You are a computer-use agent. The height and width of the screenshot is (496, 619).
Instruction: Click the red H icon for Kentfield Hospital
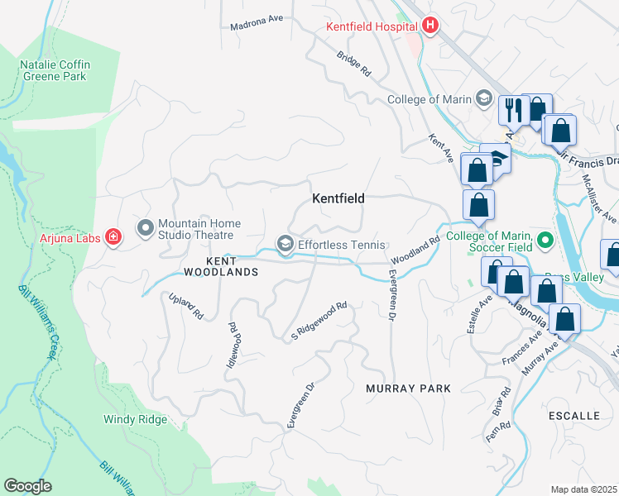(x=429, y=26)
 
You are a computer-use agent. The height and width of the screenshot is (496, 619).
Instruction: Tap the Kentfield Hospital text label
(x=372, y=26)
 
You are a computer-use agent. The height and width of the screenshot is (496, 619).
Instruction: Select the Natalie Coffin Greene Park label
(x=55, y=71)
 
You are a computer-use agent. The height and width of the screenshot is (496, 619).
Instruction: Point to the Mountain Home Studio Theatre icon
(x=146, y=227)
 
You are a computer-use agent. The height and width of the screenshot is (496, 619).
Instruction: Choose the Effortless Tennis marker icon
(x=286, y=245)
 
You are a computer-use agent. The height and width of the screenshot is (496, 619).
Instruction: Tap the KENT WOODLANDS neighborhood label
(x=216, y=265)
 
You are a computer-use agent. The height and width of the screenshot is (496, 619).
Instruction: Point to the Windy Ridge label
(x=135, y=419)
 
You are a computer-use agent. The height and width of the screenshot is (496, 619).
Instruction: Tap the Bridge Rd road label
(x=353, y=64)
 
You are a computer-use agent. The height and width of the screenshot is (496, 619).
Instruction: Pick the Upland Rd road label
(x=186, y=306)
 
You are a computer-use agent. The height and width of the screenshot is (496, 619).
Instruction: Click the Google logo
(x=27, y=486)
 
